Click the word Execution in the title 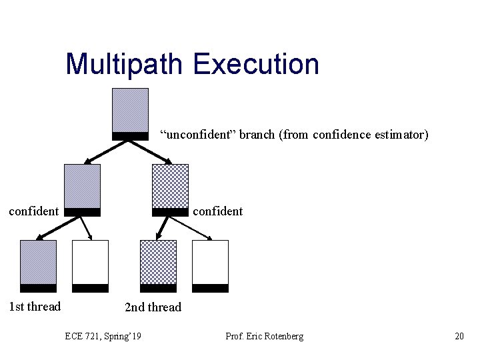(257, 64)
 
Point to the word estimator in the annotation (401, 135)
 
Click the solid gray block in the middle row (82, 188)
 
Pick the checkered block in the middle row (170, 188)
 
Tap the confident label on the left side (33, 211)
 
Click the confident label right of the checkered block (217, 211)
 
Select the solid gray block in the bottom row (38, 264)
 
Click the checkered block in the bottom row (158, 264)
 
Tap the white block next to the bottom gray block (90, 264)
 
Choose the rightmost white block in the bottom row (210, 264)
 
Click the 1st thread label (34, 307)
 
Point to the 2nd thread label (153, 307)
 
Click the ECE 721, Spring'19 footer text (103, 336)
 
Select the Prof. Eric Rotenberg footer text (264, 336)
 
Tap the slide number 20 (459, 336)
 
